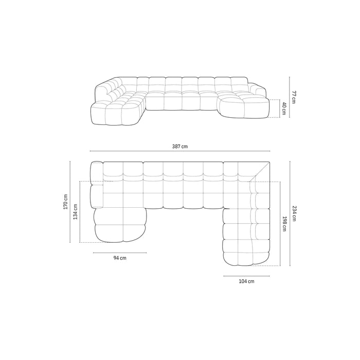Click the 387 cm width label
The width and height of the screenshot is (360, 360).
(x=180, y=147)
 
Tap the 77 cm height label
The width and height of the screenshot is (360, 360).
(x=294, y=97)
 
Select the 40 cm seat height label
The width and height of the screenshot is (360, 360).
(x=284, y=109)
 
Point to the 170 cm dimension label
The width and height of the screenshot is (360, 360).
(x=66, y=202)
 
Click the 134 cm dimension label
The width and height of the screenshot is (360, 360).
(x=76, y=212)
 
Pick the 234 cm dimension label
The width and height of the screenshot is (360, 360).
(x=294, y=213)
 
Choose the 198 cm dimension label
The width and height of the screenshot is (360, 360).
(x=284, y=224)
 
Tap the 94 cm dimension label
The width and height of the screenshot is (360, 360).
(x=120, y=258)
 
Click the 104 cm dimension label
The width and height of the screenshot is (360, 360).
(x=246, y=281)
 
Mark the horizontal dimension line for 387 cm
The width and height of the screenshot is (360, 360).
(x=180, y=151)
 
